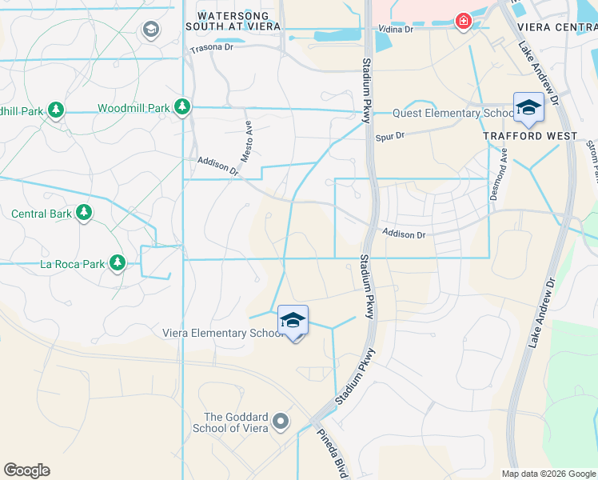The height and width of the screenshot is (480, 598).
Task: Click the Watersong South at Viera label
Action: click(238, 21)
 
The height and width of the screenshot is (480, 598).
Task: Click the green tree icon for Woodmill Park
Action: click(182, 106)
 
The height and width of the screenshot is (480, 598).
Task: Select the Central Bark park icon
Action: click(82, 213)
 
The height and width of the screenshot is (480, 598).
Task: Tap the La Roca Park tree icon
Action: click(118, 262)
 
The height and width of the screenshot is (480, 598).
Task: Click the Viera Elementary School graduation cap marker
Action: click(293, 322)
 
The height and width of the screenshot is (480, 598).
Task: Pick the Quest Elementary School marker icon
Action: click(528, 107)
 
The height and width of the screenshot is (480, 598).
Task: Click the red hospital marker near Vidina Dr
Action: click(462, 22)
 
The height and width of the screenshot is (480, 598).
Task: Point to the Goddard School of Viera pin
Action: click(280, 420)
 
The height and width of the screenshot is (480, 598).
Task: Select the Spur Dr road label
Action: click(390, 136)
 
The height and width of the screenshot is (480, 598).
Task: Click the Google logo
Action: click(26, 470)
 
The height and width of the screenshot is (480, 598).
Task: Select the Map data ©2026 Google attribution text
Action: click(548, 474)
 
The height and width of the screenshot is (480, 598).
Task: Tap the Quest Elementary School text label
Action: click(452, 113)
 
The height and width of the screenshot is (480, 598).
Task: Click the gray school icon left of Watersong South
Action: click(149, 30)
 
